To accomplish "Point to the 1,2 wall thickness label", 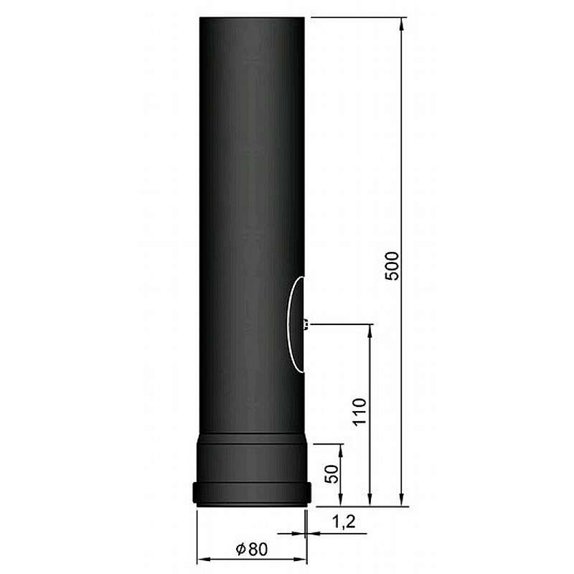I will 345,522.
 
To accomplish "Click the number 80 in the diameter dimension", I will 258,549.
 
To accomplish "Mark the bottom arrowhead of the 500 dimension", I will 402,500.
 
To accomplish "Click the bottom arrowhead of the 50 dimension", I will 340,500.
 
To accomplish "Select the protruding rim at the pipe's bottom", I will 252,494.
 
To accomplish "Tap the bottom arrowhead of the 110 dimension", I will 370,500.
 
